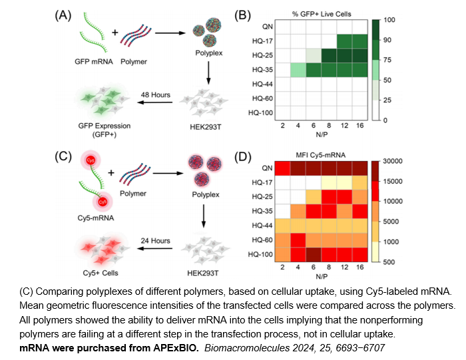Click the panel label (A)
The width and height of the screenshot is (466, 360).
click(63, 15)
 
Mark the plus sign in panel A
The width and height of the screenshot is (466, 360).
click(111, 31)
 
